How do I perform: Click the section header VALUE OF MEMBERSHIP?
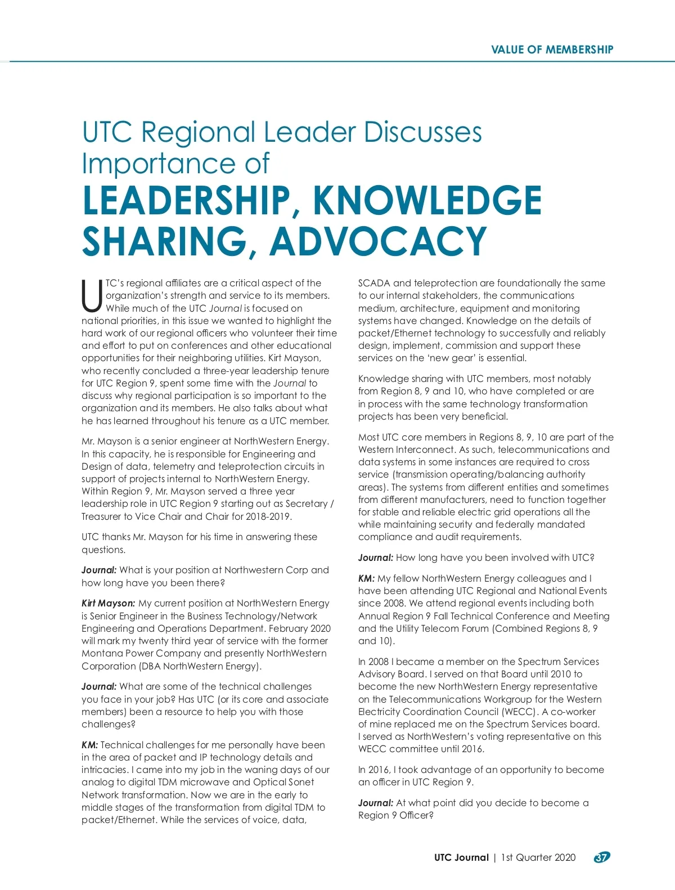coord(552,50)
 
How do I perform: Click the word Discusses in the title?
coord(422,133)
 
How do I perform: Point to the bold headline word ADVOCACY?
coord(377,241)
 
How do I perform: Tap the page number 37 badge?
coord(601,857)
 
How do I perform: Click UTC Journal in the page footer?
coord(461,857)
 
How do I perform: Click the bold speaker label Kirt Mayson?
coord(108,603)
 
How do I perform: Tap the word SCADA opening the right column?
coord(374,284)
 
